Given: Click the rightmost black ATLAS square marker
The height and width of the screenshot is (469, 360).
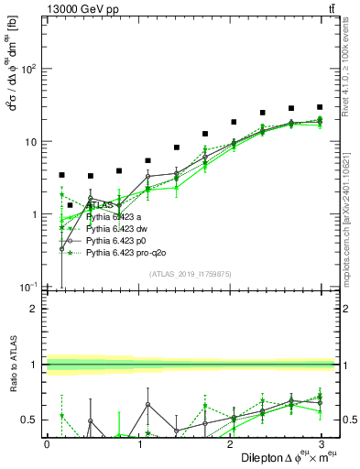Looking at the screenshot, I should click(x=320, y=107).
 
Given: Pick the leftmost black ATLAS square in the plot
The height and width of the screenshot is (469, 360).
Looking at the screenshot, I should click(x=61, y=175).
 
